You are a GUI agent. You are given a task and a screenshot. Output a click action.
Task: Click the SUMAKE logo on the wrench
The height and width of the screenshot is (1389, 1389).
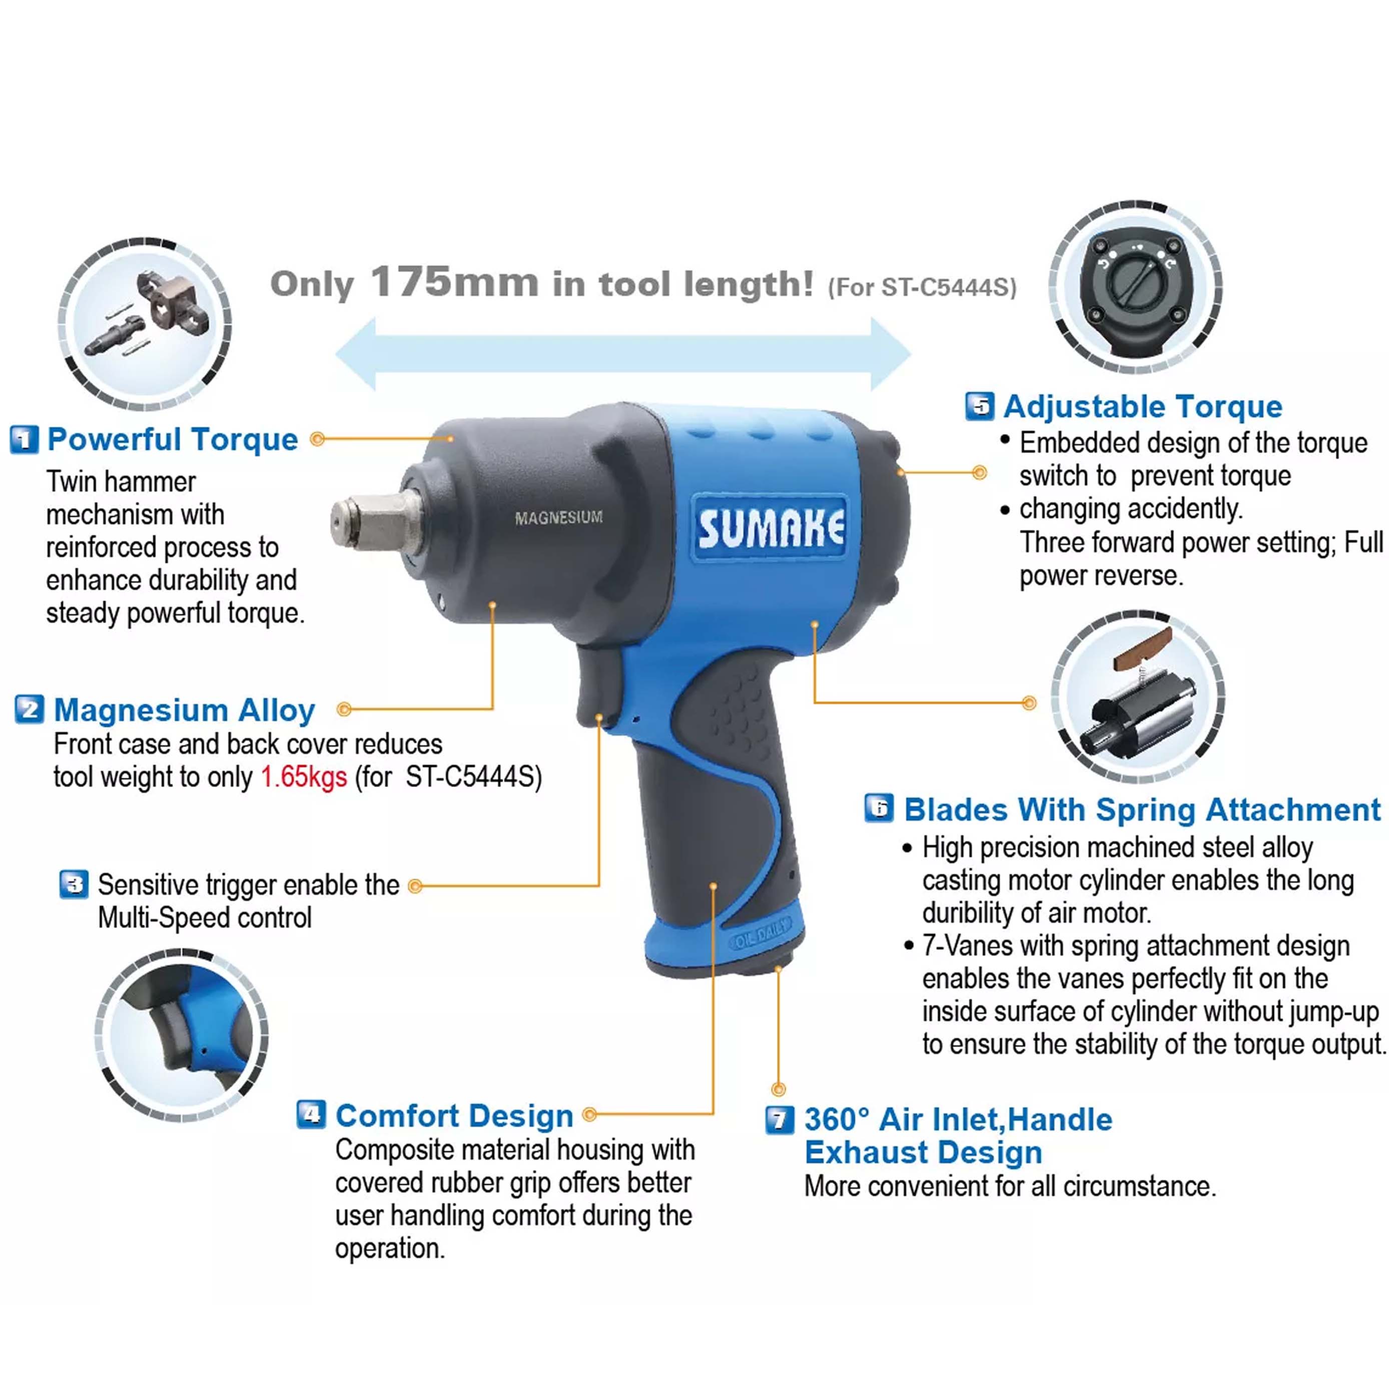(x=771, y=527)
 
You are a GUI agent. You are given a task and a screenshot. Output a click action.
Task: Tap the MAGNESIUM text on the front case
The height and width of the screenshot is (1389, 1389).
(x=558, y=518)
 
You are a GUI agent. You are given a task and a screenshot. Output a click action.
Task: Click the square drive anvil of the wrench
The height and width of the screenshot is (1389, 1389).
(x=376, y=521)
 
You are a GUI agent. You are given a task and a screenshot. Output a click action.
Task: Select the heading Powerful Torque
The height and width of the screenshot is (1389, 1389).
(x=173, y=439)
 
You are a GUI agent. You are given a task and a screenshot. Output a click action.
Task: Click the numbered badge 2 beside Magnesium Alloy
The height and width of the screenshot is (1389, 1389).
(x=30, y=710)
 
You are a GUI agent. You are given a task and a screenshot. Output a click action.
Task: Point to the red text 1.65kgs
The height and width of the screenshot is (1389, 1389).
(x=304, y=777)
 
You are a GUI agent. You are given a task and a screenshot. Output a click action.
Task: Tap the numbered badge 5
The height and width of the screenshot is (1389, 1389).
(x=979, y=406)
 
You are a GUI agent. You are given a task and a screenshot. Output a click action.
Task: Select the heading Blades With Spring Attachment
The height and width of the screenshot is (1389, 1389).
(x=1142, y=810)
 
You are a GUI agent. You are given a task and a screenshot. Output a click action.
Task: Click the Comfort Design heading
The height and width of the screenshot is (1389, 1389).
(x=454, y=1116)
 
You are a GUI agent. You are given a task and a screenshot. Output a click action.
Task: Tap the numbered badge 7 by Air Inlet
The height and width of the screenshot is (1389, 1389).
(x=780, y=1119)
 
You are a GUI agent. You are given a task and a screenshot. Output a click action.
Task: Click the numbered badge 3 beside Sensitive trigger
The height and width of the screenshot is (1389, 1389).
(x=74, y=884)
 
